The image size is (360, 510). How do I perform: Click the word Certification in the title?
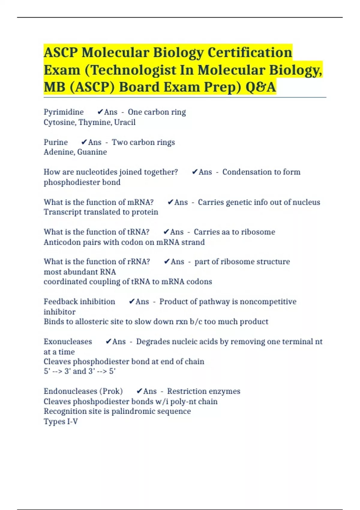tap(250, 52)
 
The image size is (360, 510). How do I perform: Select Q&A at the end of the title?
tap(260, 87)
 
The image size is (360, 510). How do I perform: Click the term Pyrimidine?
tap(64, 112)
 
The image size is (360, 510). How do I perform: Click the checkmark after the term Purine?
tap(84, 142)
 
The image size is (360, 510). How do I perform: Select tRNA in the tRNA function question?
tap(138, 232)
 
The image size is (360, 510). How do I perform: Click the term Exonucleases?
tap(68, 342)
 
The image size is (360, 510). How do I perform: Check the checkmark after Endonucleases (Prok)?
tap(139, 391)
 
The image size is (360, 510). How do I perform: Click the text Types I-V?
tap(61, 421)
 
